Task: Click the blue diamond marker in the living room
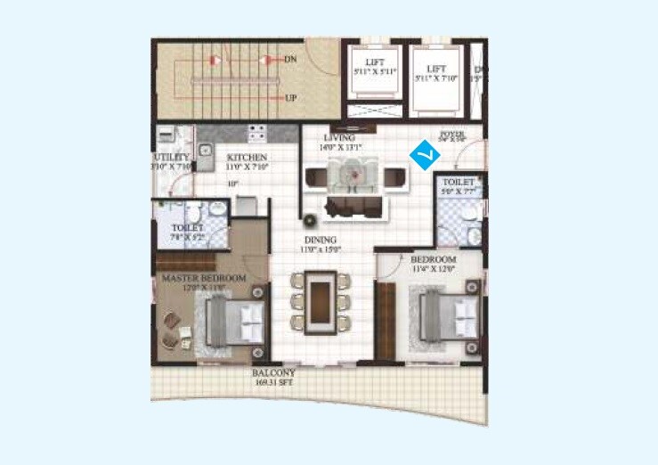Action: pos(425,156)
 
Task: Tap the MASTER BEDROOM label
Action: pos(204,279)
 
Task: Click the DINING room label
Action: pos(320,240)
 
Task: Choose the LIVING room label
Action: pos(339,138)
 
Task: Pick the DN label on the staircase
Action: pos(290,59)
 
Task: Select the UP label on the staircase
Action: pos(290,98)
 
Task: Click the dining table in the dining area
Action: pos(321,302)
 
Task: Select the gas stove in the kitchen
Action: pos(256,135)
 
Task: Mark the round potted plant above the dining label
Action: pos(311,220)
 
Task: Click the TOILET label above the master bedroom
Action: pos(188,228)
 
